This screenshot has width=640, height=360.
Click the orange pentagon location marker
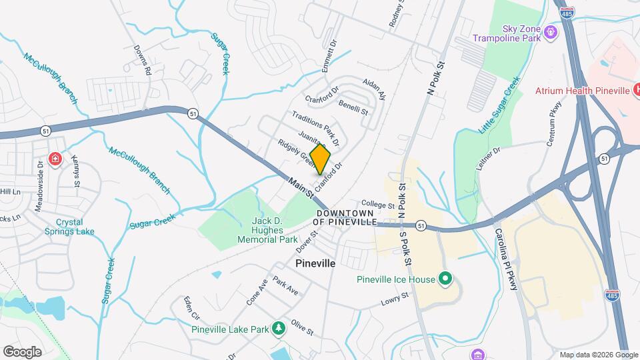tap(320, 159)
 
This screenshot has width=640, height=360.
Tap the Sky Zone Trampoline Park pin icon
tap(551, 31)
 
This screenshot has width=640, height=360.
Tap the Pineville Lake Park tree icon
tap(278, 329)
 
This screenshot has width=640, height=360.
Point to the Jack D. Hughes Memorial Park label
tap(275, 230)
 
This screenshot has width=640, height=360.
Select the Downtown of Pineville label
tap(347, 217)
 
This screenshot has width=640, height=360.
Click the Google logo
tap(22, 351)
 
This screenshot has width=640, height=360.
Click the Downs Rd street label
tap(143, 60)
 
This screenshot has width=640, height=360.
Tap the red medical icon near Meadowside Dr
tap(55, 159)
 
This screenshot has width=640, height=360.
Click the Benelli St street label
tap(353, 108)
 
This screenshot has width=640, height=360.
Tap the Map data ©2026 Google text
tap(598, 355)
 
